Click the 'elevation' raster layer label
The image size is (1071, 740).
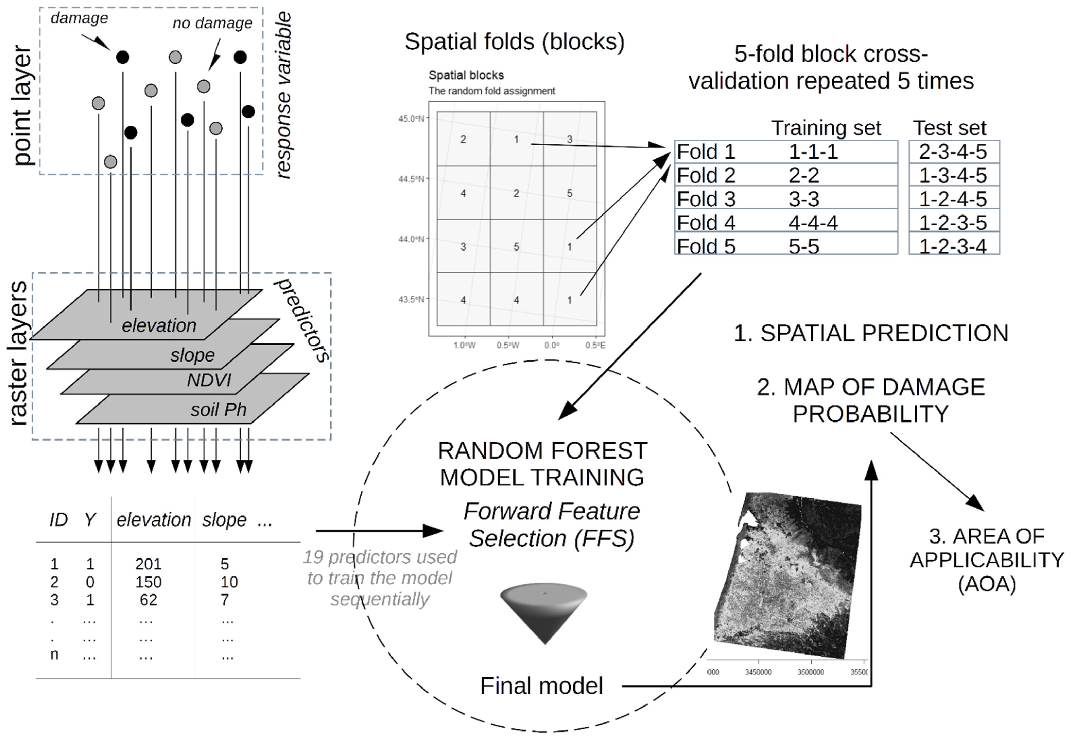[x=159, y=325]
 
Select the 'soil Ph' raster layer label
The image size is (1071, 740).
[x=218, y=409]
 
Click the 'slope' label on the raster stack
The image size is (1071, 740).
[x=192, y=355]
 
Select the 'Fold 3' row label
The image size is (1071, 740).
[x=706, y=199]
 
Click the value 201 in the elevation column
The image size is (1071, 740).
[x=148, y=564]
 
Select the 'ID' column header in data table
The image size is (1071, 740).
[x=58, y=520]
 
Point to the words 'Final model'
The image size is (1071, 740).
[x=541, y=686]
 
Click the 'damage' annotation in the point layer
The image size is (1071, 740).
[x=79, y=18]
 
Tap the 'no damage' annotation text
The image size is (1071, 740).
[x=212, y=23]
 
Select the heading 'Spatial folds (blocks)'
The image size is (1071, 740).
[x=515, y=42]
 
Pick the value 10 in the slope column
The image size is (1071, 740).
[x=229, y=582]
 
